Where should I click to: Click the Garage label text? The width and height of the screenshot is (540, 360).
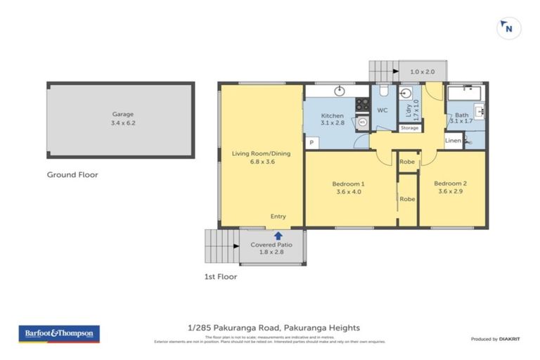pos(122,114)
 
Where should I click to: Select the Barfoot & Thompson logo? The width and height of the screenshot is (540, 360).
pos(59,333)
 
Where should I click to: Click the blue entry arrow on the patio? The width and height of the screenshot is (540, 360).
pos(278,236)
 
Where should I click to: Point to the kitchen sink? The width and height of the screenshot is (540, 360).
pos(339,91)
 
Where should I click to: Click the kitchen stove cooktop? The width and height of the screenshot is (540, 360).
pos(362,104)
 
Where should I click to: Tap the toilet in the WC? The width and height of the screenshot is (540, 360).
pos(383,92)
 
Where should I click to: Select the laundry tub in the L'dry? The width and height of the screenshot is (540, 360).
pos(406,93)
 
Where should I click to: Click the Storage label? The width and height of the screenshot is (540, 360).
pos(409,128)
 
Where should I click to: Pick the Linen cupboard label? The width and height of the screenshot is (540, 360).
pos(453,141)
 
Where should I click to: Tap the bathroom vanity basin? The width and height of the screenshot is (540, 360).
pos(480,110)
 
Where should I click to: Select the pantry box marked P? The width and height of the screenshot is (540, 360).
pos(310,143)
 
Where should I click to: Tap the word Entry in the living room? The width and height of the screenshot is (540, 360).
pos(278,217)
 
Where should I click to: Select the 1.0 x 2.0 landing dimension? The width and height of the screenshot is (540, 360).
pos(423,72)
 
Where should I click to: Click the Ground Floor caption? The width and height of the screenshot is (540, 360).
pos(72,174)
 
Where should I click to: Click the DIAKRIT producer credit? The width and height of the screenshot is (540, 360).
pos(508,339)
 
